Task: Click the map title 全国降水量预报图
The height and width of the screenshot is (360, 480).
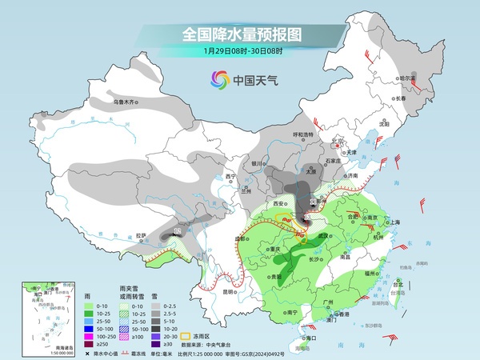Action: pyautogui.click(x=241, y=34)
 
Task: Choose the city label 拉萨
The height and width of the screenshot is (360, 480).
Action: pyautogui.click(x=142, y=235)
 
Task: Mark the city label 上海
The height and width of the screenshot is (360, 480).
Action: pyautogui.click(x=393, y=222)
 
